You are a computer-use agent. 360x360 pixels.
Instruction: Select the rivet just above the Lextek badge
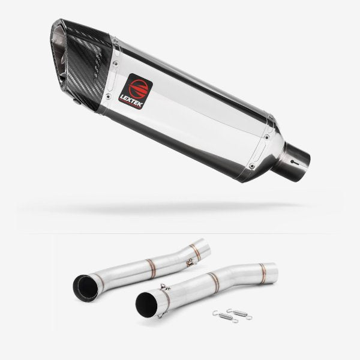point(116,62)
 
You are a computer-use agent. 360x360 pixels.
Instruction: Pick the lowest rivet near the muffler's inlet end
point(253,166)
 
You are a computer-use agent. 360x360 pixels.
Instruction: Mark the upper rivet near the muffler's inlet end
point(266,137)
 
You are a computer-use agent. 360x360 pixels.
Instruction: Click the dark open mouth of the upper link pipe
point(85,289)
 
